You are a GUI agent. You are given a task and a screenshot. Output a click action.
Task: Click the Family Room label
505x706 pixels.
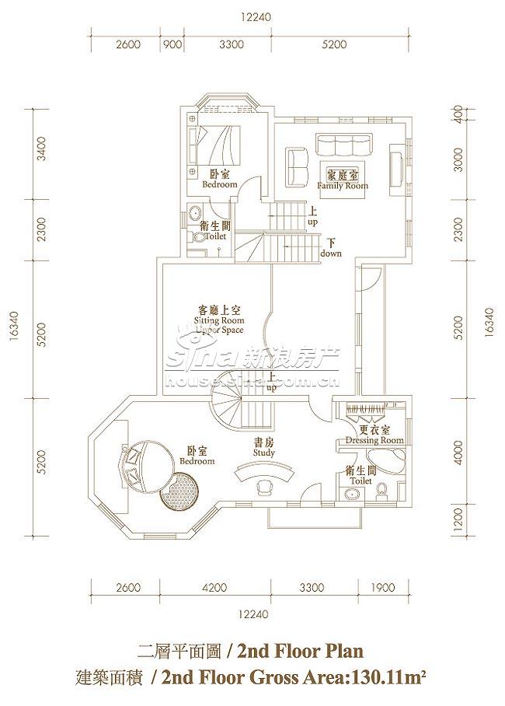coord(343,180)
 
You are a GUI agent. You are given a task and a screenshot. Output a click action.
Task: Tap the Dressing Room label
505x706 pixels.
coord(374,435)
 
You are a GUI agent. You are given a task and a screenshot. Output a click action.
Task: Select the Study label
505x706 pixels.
coord(263,448)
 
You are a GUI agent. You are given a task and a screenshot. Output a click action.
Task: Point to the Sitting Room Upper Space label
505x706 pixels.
coord(219,320)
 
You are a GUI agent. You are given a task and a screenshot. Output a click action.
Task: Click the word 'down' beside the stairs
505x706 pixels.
coord(331,253)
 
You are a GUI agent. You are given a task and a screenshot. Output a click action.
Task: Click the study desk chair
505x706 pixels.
coord(264,488)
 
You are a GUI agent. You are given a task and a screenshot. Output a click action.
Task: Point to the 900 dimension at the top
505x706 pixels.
coord(172,44)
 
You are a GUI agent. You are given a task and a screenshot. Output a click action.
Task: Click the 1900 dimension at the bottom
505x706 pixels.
coord(383,588)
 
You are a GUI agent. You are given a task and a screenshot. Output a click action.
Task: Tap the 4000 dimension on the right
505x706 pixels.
coord(458,453)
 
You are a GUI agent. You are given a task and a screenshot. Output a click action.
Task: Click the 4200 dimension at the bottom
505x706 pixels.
coord(214,588)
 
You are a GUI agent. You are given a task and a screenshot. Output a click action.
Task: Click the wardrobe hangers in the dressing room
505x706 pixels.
coord(365,409)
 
